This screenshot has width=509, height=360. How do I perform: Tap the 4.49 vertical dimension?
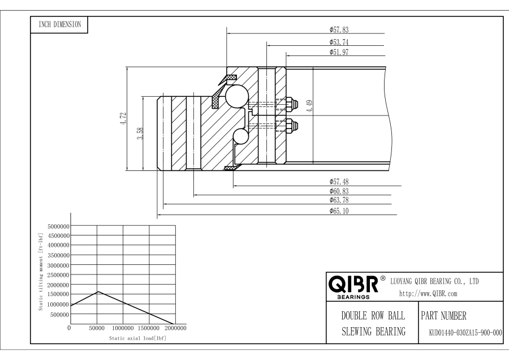[309, 106]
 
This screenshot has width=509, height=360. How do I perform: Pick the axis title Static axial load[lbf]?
[137, 337]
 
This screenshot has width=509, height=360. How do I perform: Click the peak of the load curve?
[98, 292]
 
